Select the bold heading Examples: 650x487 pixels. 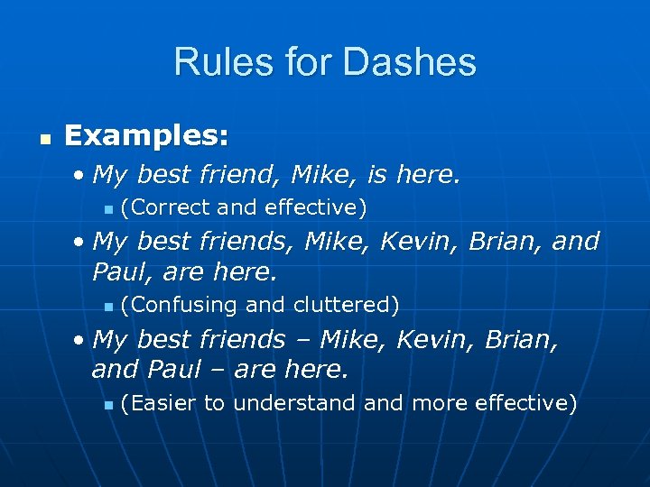tap(146, 137)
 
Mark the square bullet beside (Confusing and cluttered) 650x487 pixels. tap(108, 308)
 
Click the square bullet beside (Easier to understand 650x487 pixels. tap(108, 406)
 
